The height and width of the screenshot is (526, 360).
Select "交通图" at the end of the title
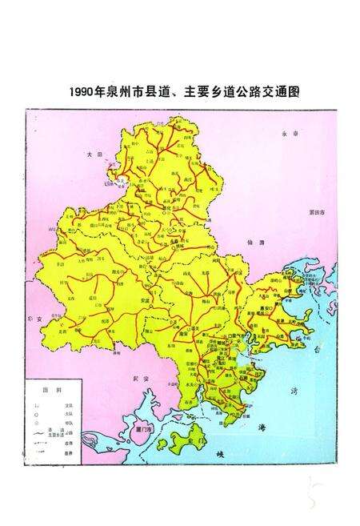coord(280,91)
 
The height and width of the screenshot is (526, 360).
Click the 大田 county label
coord(94,151)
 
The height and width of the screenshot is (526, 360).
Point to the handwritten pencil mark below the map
coord(314,491)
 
